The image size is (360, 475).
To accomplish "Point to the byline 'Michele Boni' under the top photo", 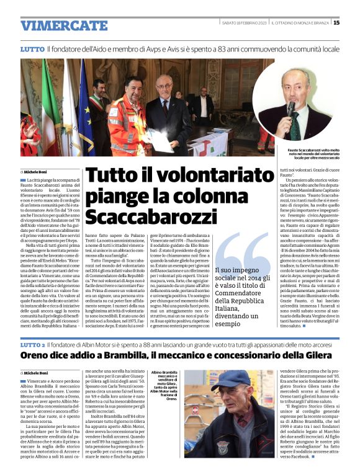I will pos(37,171).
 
